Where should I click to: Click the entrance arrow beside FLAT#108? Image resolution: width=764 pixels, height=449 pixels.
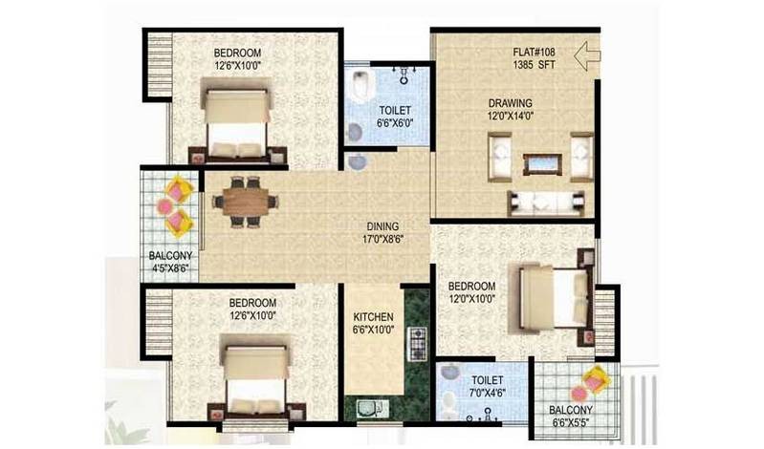click(x=587, y=56)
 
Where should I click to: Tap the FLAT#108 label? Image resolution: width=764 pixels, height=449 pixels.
click(x=534, y=52)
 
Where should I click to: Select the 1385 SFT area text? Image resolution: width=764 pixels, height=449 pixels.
click(x=534, y=64)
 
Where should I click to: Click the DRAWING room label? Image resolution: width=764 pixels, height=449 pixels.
click(x=511, y=103)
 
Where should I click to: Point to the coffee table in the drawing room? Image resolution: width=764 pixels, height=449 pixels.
click(x=542, y=164)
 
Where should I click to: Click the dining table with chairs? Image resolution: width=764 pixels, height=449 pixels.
click(x=245, y=202)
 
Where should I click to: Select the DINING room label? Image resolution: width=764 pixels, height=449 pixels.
click(x=382, y=226)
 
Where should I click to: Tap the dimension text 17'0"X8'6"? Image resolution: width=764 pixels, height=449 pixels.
click(x=383, y=239)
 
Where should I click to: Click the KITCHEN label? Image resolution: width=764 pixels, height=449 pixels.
click(x=373, y=317)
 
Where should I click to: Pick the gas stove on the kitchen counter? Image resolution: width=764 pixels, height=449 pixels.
click(x=417, y=344)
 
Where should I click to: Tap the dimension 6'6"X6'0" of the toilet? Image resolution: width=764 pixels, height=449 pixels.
click(x=395, y=123)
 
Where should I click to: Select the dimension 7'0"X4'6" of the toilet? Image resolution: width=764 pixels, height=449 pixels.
click(x=488, y=393)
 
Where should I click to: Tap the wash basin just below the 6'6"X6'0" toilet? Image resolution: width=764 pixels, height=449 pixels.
click(x=357, y=162)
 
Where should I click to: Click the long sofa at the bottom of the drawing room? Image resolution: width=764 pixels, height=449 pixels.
click(x=545, y=203)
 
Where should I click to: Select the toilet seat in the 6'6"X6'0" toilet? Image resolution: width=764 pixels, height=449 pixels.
click(x=361, y=86)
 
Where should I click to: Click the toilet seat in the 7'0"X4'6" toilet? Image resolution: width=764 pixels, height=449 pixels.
click(x=449, y=401)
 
